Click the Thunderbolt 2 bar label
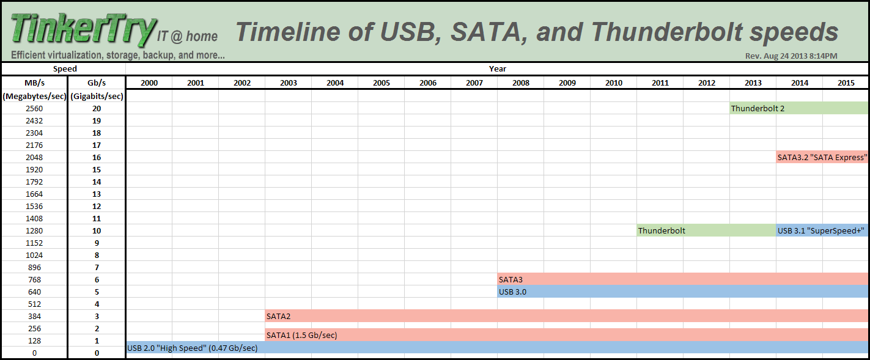tap(758, 108)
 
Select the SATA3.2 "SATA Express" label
tap(822, 157)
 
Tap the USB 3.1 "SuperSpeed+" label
tap(820, 230)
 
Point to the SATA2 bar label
tap(278, 316)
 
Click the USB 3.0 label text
tap(512, 292)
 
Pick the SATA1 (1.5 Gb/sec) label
tap(301, 335)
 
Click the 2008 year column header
tap(520, 83)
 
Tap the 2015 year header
tap(846, 83)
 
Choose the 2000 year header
tap(149, 83)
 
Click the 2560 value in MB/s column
tap(34, 108)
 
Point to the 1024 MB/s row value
tap(34, 255)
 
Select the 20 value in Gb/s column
tap(97, 108)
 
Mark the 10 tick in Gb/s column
tap(97, 230)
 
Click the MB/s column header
tap(34, 83)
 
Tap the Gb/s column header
tap(97, 83)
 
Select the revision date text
tap(791, 56)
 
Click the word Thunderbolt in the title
tap(666, 32)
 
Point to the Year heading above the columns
tap(497, 68)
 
